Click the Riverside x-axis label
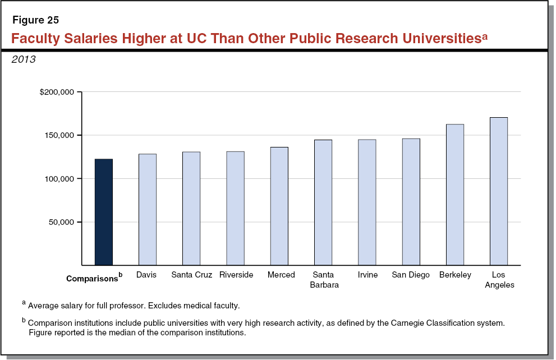click(236, 275)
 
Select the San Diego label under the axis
click(411, 275)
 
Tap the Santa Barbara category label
click(323, 279)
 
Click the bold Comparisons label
click(92, 278)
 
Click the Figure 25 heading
click(35, 21)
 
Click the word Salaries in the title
click(90, 39)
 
